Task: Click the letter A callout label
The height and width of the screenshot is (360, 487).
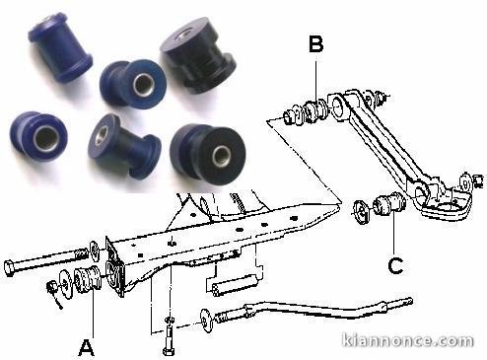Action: (87, 348)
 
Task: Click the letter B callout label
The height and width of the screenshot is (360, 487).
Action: (315, 43)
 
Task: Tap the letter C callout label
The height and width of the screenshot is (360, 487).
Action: (395, 266)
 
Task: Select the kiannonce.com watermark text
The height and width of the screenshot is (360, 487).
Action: (407, 340)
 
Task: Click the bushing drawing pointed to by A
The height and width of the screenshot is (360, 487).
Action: (88, 280)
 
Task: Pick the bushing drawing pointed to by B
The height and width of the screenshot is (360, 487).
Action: (314, 111)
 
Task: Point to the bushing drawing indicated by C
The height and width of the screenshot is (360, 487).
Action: (390, 204)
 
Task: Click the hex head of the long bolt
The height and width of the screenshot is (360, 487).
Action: (9, 268)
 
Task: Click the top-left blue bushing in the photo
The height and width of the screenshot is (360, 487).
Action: (60, 46)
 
